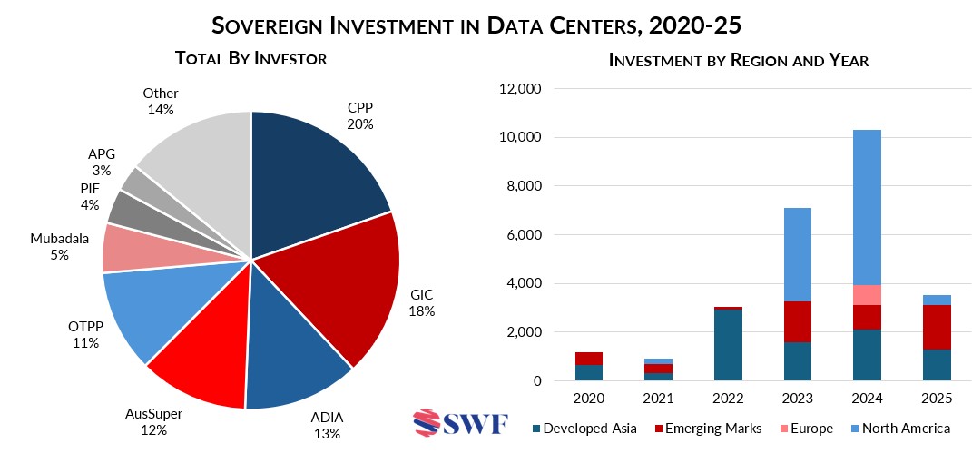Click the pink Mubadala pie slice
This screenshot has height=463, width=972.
[x=127, y=248]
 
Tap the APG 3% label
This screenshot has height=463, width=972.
[x=101, y=163]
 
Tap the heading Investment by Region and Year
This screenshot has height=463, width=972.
[x=739, y=61]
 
